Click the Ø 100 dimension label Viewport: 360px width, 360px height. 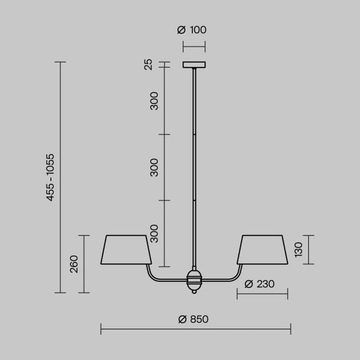(x=192, y=30)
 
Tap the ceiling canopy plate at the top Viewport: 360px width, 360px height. (x=194, y=65)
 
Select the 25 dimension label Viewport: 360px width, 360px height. (x=149, y=65)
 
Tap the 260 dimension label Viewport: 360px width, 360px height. (x=74, y=264)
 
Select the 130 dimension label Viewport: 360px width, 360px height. (x=299, y=250)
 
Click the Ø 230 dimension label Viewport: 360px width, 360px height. (x=259, y=284)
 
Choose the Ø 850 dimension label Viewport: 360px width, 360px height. (x=193, y=319)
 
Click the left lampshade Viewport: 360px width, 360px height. (x=126, y=249)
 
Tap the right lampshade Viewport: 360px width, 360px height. (x=262, y=249)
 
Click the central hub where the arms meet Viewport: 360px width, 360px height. (x=194, y=280)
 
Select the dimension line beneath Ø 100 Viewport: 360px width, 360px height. (x=194, y=46)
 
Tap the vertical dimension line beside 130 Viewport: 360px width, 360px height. (x=309, y=250)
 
